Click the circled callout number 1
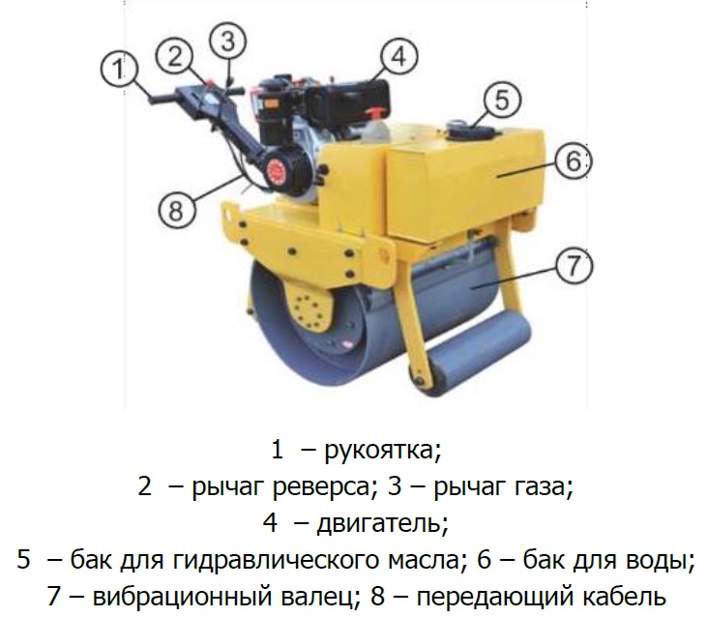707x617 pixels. point(119,70)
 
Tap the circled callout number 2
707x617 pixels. point(174,57)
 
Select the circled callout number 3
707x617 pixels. point(228,41)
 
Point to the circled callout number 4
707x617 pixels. point(399,57)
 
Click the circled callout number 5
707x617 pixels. point(502,100)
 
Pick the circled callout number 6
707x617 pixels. point(573,161)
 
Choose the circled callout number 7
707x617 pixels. point(574,265)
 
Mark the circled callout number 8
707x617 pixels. point(177,210)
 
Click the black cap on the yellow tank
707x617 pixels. point(470,131)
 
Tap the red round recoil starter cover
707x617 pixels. point(279,170)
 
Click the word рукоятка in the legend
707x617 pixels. point(378,451)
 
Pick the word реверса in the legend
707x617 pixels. point(320,488)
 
